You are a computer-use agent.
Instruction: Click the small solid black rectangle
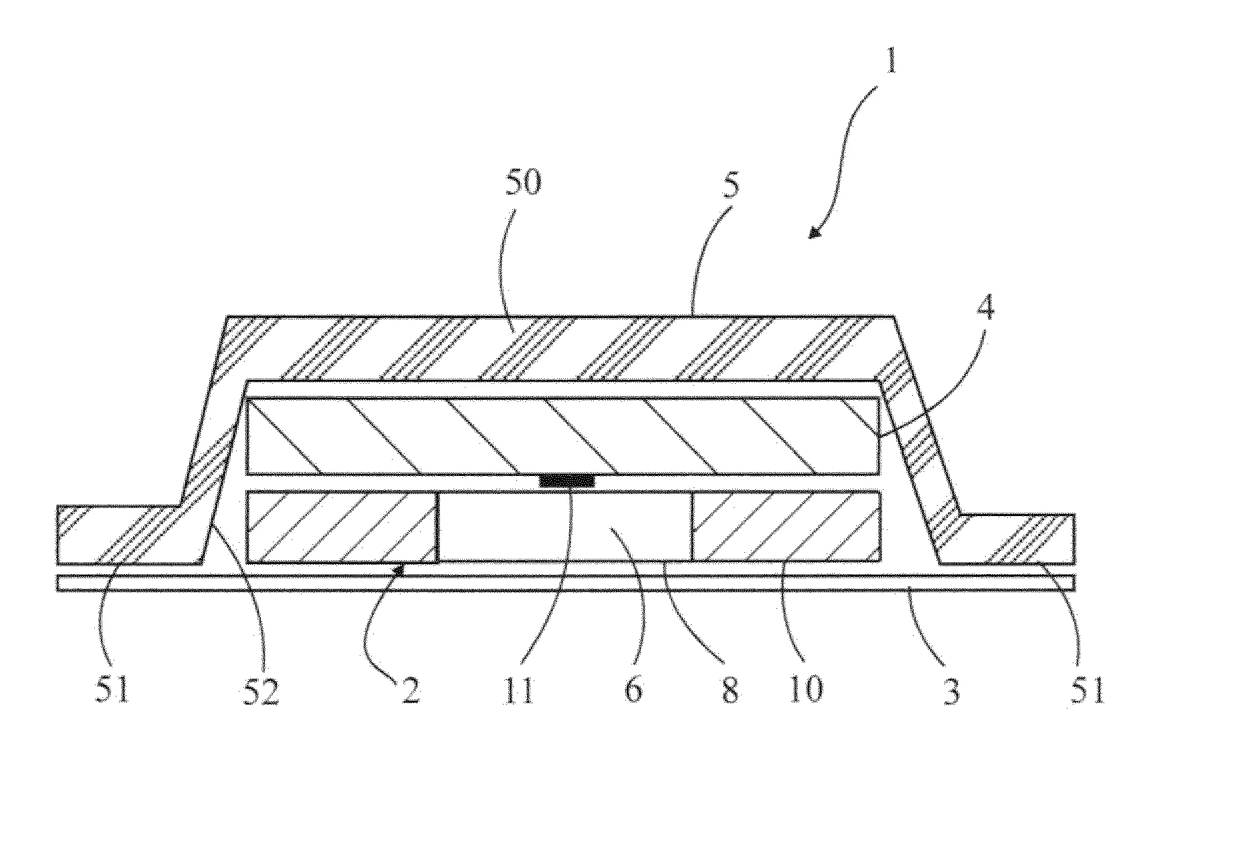(567, 481)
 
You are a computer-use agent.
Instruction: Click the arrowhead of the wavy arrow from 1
(814, 233)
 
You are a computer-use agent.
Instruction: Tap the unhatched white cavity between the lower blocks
(564, 527)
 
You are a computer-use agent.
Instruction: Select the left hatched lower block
(342, 527)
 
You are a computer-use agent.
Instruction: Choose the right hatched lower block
(785, 527)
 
